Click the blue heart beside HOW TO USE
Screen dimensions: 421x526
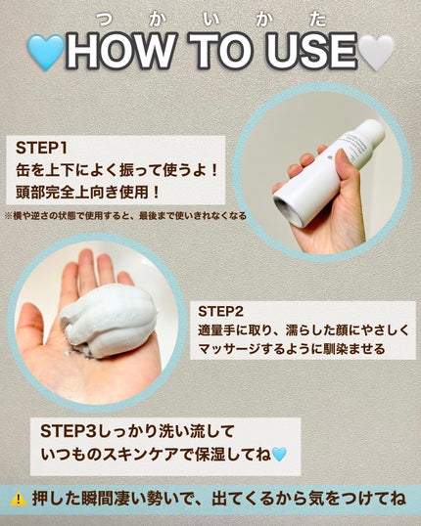click(46, 53)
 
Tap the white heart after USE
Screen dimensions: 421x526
click(377, 53)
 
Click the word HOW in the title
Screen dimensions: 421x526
click(121, 51)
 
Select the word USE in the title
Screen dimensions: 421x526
click(310, 51)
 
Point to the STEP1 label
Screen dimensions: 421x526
click(41, 148)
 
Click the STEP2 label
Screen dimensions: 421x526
click(220, 312)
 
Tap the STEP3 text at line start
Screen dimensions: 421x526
click(69, 431)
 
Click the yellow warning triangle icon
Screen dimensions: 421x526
click(19, 500)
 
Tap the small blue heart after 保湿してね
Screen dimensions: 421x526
click(279, 455)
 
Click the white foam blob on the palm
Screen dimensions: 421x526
click(110, 321)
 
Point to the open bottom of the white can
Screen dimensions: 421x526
click(288, 212)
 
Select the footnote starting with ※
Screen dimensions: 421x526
click(125, 215)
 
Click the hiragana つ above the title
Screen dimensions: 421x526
click(105, 20)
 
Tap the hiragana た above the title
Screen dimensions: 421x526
click(317, 20)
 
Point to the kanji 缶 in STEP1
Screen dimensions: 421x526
click(23, 170)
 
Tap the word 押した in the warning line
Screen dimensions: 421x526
click(56, 500)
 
